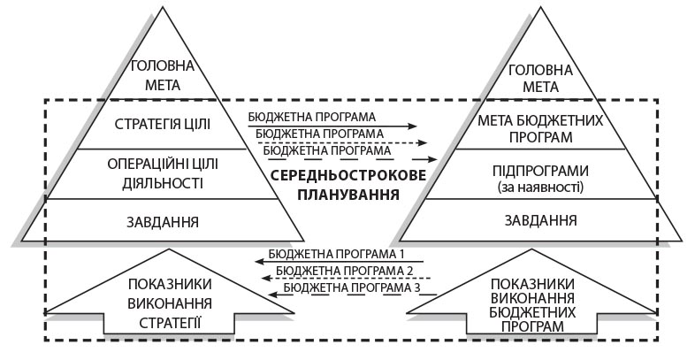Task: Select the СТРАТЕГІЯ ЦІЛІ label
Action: coord(163,122)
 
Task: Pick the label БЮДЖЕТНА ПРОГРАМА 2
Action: coord(345,270)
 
